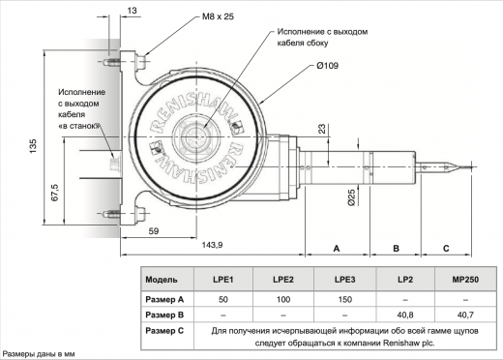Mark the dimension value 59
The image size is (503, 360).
coord(154,232)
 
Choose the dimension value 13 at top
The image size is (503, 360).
coord(133,9)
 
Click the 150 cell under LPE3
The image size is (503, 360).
coord(344,299)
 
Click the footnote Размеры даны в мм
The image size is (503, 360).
coord(38,353)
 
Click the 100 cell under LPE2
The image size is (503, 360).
coord(283,299)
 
